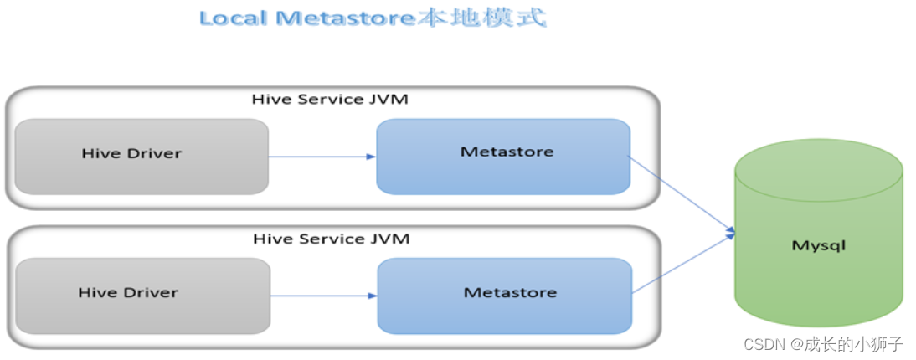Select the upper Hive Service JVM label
tap(331, 100)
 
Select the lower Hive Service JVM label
tap(332, 239)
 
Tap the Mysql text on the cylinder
tap(819, 246)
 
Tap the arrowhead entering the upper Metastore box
tap(371, 157)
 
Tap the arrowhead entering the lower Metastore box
tap(373, 296)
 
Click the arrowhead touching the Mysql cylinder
tap(730, 233)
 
